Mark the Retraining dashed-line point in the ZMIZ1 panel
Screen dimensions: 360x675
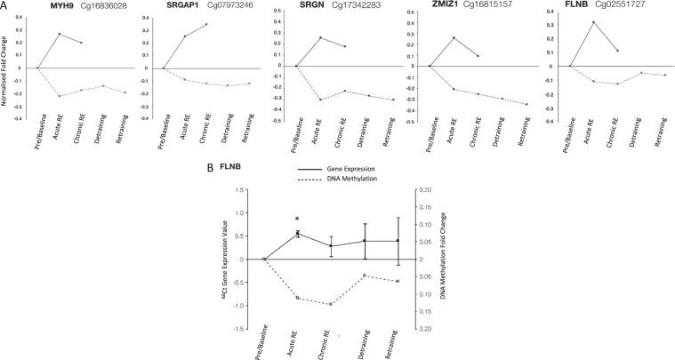[526, 105]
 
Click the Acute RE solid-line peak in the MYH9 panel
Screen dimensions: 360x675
[60, 34]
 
